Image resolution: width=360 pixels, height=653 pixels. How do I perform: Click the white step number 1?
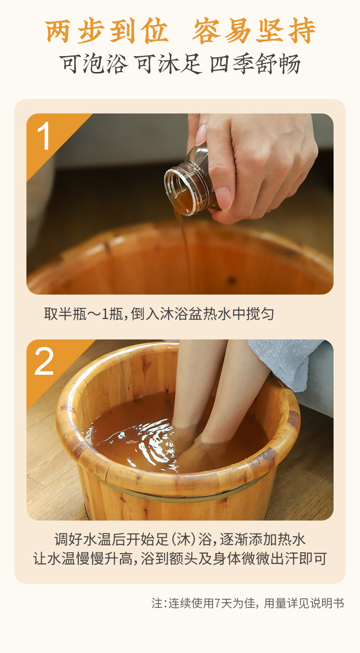[44, 136]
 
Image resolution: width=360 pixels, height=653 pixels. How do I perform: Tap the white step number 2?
[44, 362]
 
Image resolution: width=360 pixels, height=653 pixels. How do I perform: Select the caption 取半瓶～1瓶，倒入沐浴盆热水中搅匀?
[159, 314]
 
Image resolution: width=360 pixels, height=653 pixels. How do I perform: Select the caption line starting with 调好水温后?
[180, 539]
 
